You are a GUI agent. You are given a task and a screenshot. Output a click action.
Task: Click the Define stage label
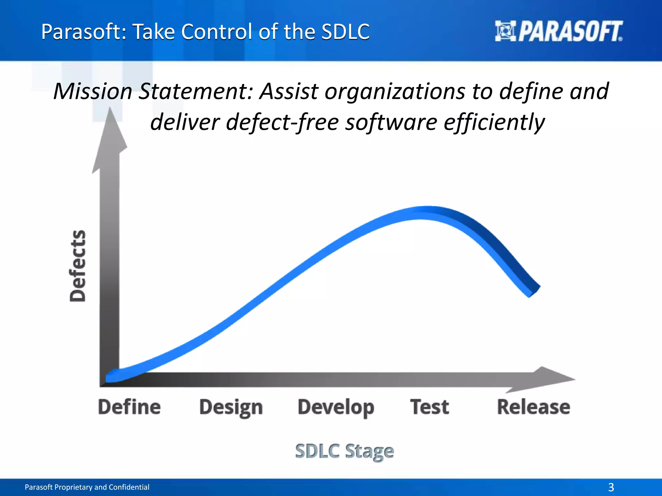[x=129, y=407]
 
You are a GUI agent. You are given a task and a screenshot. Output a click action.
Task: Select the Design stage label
[x=231, y=408]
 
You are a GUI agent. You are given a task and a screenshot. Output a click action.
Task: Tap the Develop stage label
[x=336, y=408]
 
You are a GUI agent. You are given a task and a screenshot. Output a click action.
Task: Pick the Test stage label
[x=430, y=407]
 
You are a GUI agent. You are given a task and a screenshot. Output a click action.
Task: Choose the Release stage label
[x=533, y=407]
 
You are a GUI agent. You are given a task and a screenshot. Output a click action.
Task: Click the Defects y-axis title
[x=78, y=266]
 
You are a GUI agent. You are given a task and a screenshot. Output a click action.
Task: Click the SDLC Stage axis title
[x=345, y=451]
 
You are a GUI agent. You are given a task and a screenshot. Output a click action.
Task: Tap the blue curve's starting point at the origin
[x=112, y=377]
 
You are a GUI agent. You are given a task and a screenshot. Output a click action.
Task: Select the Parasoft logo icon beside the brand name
[x=505, y=31]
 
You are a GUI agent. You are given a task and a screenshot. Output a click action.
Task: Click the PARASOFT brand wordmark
[x=571, y=32]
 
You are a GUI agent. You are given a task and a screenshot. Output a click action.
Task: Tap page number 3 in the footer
[x=611, y=487]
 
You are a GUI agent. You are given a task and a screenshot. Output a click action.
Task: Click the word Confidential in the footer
[x=129, y=487]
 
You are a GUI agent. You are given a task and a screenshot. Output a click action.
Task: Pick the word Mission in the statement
[x=93, y=91]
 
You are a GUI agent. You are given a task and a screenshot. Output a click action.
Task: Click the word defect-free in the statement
[x=282, y=122]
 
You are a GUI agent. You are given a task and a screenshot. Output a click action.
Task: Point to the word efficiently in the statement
[x=494, y=123]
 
